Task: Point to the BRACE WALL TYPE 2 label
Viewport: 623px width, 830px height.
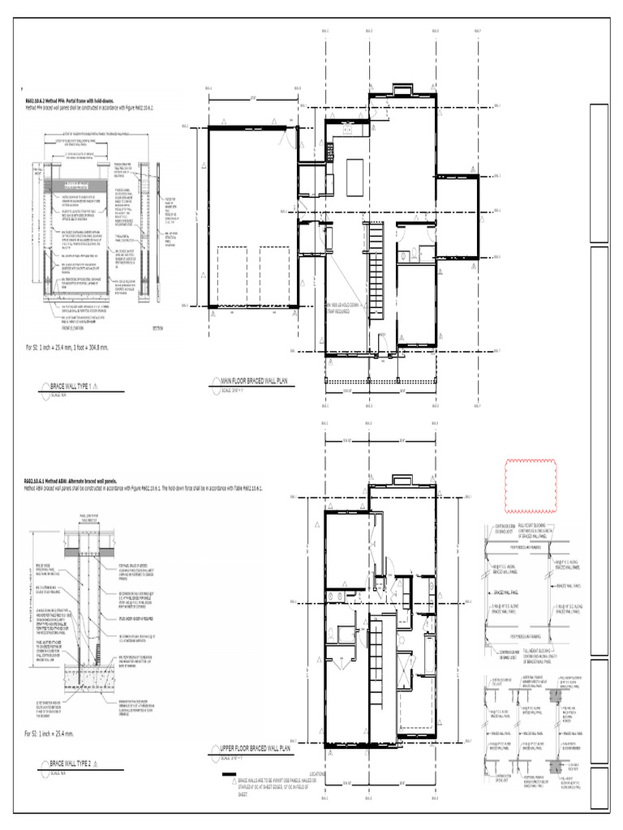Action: pos(71,764)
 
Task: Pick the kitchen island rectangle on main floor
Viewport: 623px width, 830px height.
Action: pos(354,173)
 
